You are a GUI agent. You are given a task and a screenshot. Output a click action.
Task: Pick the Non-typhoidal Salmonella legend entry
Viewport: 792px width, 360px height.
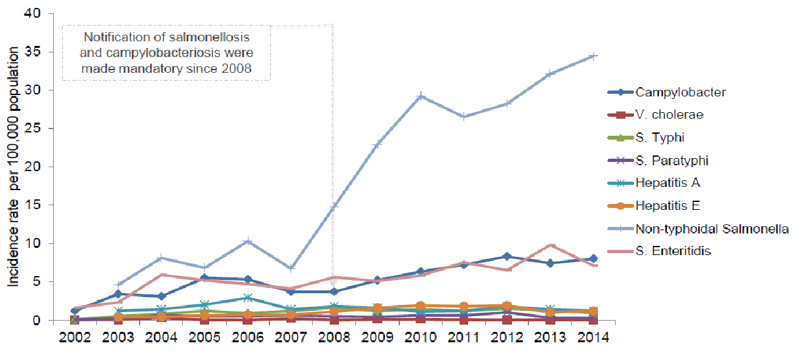(711, 228)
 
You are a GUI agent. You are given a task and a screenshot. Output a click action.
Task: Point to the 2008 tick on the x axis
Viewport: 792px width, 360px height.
(333, 337)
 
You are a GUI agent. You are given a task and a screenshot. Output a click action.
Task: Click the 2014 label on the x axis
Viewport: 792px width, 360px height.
(594, 337)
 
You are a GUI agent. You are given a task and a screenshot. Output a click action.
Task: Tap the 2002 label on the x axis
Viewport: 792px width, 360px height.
(75, 337)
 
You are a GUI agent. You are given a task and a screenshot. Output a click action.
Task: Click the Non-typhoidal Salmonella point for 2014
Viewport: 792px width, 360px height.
(593, 56)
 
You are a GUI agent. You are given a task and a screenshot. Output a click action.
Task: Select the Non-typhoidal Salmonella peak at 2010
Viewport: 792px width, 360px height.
(420, 96)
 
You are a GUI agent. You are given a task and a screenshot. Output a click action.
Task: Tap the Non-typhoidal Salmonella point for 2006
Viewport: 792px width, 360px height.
(247, 241)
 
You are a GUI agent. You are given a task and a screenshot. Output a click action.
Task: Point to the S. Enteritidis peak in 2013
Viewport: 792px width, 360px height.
(551, 245)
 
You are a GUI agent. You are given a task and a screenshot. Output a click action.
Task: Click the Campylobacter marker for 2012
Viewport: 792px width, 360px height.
(507, 256)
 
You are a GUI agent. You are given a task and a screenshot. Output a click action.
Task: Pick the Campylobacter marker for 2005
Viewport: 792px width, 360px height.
(204, 278)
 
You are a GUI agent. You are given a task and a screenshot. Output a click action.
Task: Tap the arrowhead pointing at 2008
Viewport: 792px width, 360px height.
(333, 282)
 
